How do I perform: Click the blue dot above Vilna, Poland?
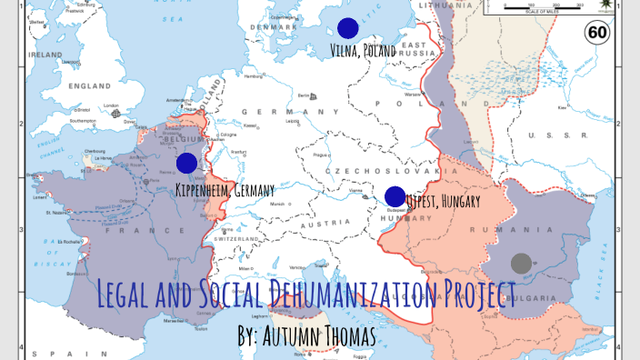[x=346, y=28]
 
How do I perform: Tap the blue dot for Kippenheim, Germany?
[x=186, y=163]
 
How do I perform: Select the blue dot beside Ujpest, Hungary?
[x=395, y=196]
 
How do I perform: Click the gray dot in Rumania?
[x=521, y=264]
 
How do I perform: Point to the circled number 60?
[x=597, y=34]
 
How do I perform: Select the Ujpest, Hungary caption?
[x=443, y=202]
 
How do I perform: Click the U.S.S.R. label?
[x=556, y=135]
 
